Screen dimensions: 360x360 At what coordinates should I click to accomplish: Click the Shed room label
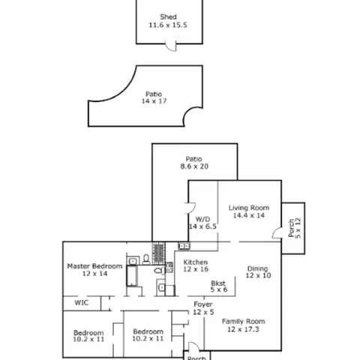(x=168, y=17)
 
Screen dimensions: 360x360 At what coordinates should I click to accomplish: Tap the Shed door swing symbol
(x=171, y=46)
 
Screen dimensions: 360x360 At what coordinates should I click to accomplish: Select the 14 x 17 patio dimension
(x=154, y=101)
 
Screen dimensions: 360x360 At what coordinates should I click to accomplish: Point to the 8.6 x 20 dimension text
(x=194, y=166)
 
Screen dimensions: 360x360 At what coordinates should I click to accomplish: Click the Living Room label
(x=249, y=208)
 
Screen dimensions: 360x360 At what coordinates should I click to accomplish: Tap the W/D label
(x=202, y=219)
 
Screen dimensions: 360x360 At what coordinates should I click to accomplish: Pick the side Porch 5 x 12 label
(x=295, y=228)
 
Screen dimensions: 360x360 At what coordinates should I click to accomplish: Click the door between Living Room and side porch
(x=277, y=232)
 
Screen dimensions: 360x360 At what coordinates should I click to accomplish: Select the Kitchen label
(x=196, y=262)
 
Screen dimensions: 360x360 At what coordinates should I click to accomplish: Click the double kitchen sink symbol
(x=184, y=246)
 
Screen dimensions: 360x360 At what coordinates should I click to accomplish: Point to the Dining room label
(x=257, y=268)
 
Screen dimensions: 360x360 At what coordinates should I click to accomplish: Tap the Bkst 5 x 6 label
(x=218, y=286)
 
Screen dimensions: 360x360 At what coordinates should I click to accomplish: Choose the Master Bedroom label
(x=94, y=266)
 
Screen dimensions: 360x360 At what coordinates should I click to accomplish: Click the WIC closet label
(x=82, y=303)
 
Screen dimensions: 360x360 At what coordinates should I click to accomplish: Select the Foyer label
(x=203, y=304)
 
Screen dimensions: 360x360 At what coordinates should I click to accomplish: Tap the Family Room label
(x=244, y=322)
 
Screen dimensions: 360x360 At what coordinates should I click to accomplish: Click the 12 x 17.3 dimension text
(x=243, y=329)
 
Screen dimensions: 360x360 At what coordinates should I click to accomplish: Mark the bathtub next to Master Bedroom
(x=132, y=276)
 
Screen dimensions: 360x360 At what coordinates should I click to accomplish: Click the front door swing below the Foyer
(x=194, y=346)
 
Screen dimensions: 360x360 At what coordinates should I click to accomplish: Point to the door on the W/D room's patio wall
(x=190, y=208)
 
